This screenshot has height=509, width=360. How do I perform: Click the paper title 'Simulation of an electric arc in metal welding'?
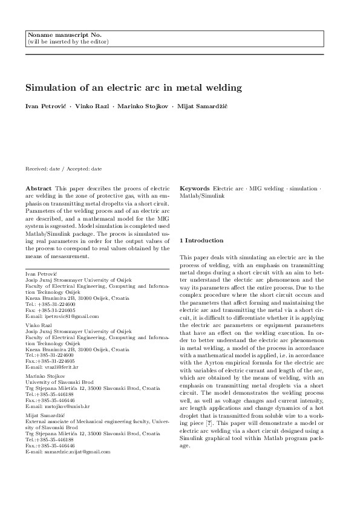click(133, 88)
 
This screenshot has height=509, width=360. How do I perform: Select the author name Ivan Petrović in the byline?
click(46, 106)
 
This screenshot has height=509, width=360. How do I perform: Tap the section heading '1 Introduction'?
click(202, 241)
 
